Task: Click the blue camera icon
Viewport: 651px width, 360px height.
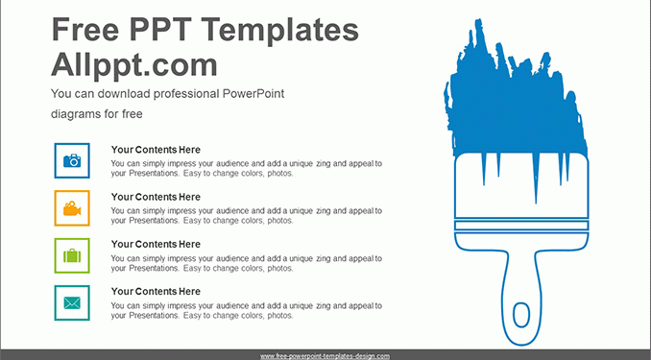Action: [x=72, y=160]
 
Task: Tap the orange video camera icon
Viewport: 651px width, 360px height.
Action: [x=72, y=208]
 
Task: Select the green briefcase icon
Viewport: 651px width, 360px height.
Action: [x=72, y=255]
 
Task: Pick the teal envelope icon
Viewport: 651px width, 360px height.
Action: [x=72, y=303]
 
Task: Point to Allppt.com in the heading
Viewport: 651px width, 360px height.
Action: [x=134, y=65]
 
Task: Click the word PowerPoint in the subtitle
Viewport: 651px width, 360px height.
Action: [x=253, y=93]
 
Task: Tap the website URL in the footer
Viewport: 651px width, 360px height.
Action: [x=325, y=356]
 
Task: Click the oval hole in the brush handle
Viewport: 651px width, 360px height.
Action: [x=521, y=315]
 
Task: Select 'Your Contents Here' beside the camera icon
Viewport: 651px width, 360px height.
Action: [x=156, y=150]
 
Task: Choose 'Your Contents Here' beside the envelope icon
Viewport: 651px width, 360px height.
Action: [x=156, y=292]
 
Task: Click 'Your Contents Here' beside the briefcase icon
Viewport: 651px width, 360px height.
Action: [x=156, y=244]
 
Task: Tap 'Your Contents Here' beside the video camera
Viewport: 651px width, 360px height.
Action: [x=156, y=197]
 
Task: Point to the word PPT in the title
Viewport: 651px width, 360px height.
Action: [x=162, y=30]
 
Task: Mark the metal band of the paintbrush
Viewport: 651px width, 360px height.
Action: [x=521, y=226]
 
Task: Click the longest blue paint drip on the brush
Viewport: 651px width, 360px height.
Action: [x=536, y=179]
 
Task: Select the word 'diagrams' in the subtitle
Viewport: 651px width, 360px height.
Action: [x=76, y=114]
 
